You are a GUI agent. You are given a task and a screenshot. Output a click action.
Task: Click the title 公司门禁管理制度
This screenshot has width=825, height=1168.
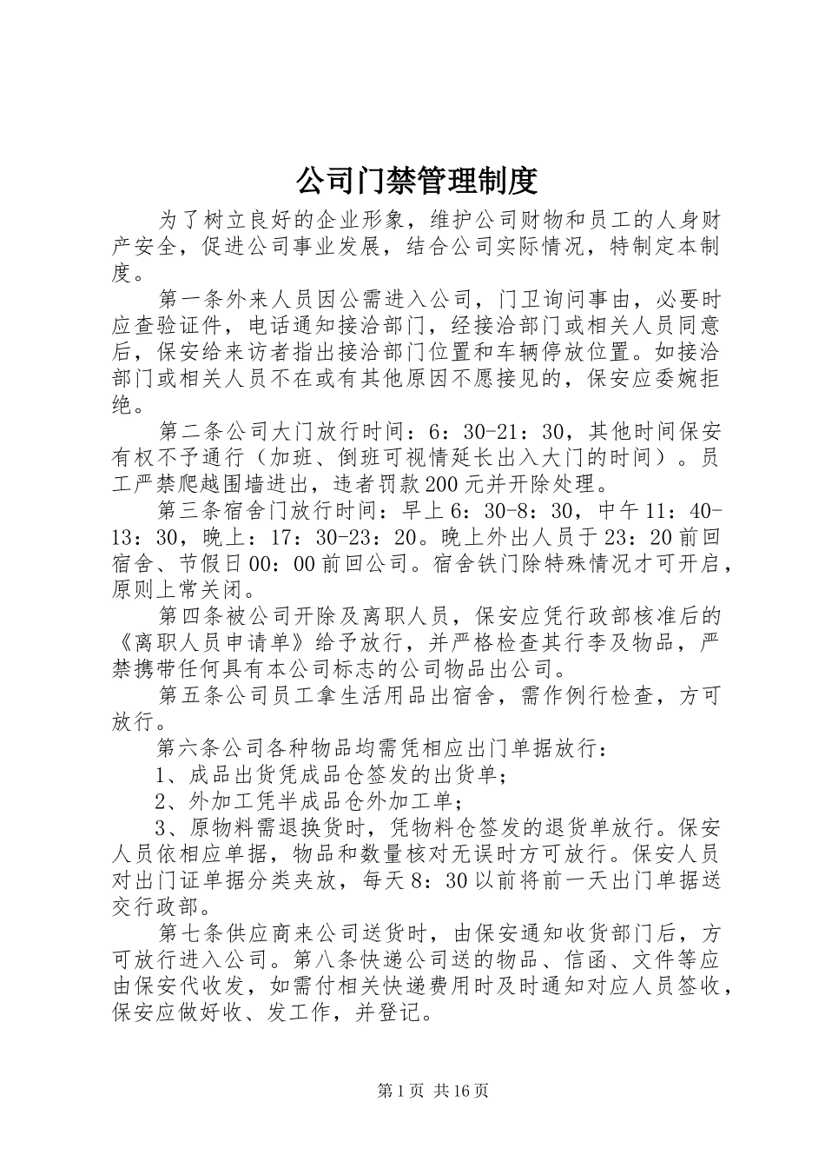(x=417, y=181)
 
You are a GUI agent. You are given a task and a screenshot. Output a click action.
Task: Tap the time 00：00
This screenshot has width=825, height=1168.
(x=280, y=564)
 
